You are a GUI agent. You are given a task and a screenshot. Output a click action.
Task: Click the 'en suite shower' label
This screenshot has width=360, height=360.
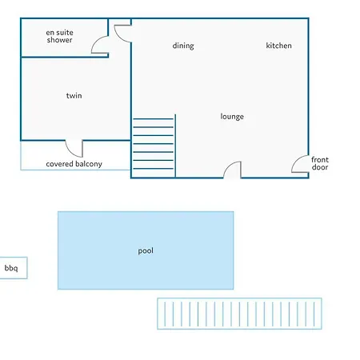59,36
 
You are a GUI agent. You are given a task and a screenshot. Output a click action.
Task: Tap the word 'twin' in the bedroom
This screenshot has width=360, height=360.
74,95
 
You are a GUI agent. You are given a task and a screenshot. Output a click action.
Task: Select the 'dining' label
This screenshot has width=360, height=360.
183,46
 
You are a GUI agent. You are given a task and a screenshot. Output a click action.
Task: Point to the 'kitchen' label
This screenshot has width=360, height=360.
278,46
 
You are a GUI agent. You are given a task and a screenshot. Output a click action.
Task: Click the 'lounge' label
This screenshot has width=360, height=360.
232,117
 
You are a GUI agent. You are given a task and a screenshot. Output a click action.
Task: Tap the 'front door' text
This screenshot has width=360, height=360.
320,163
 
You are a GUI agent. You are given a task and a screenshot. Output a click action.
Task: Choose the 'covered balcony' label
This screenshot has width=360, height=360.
74,164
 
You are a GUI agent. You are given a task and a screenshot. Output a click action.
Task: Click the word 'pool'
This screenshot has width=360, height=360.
146,250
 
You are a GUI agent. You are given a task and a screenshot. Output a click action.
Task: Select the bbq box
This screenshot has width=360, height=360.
14,268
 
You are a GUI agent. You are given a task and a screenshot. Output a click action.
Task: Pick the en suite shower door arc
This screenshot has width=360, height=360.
94,42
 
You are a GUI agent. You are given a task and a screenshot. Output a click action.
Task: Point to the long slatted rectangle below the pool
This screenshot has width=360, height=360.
239,314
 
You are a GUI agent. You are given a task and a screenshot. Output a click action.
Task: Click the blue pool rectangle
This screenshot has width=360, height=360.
146,250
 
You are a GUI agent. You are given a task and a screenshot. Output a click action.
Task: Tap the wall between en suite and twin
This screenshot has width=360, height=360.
65,57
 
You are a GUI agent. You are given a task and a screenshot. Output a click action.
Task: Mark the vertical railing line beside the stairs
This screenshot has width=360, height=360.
175,146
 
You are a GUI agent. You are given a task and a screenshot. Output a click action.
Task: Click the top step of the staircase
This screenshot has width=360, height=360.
154,118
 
